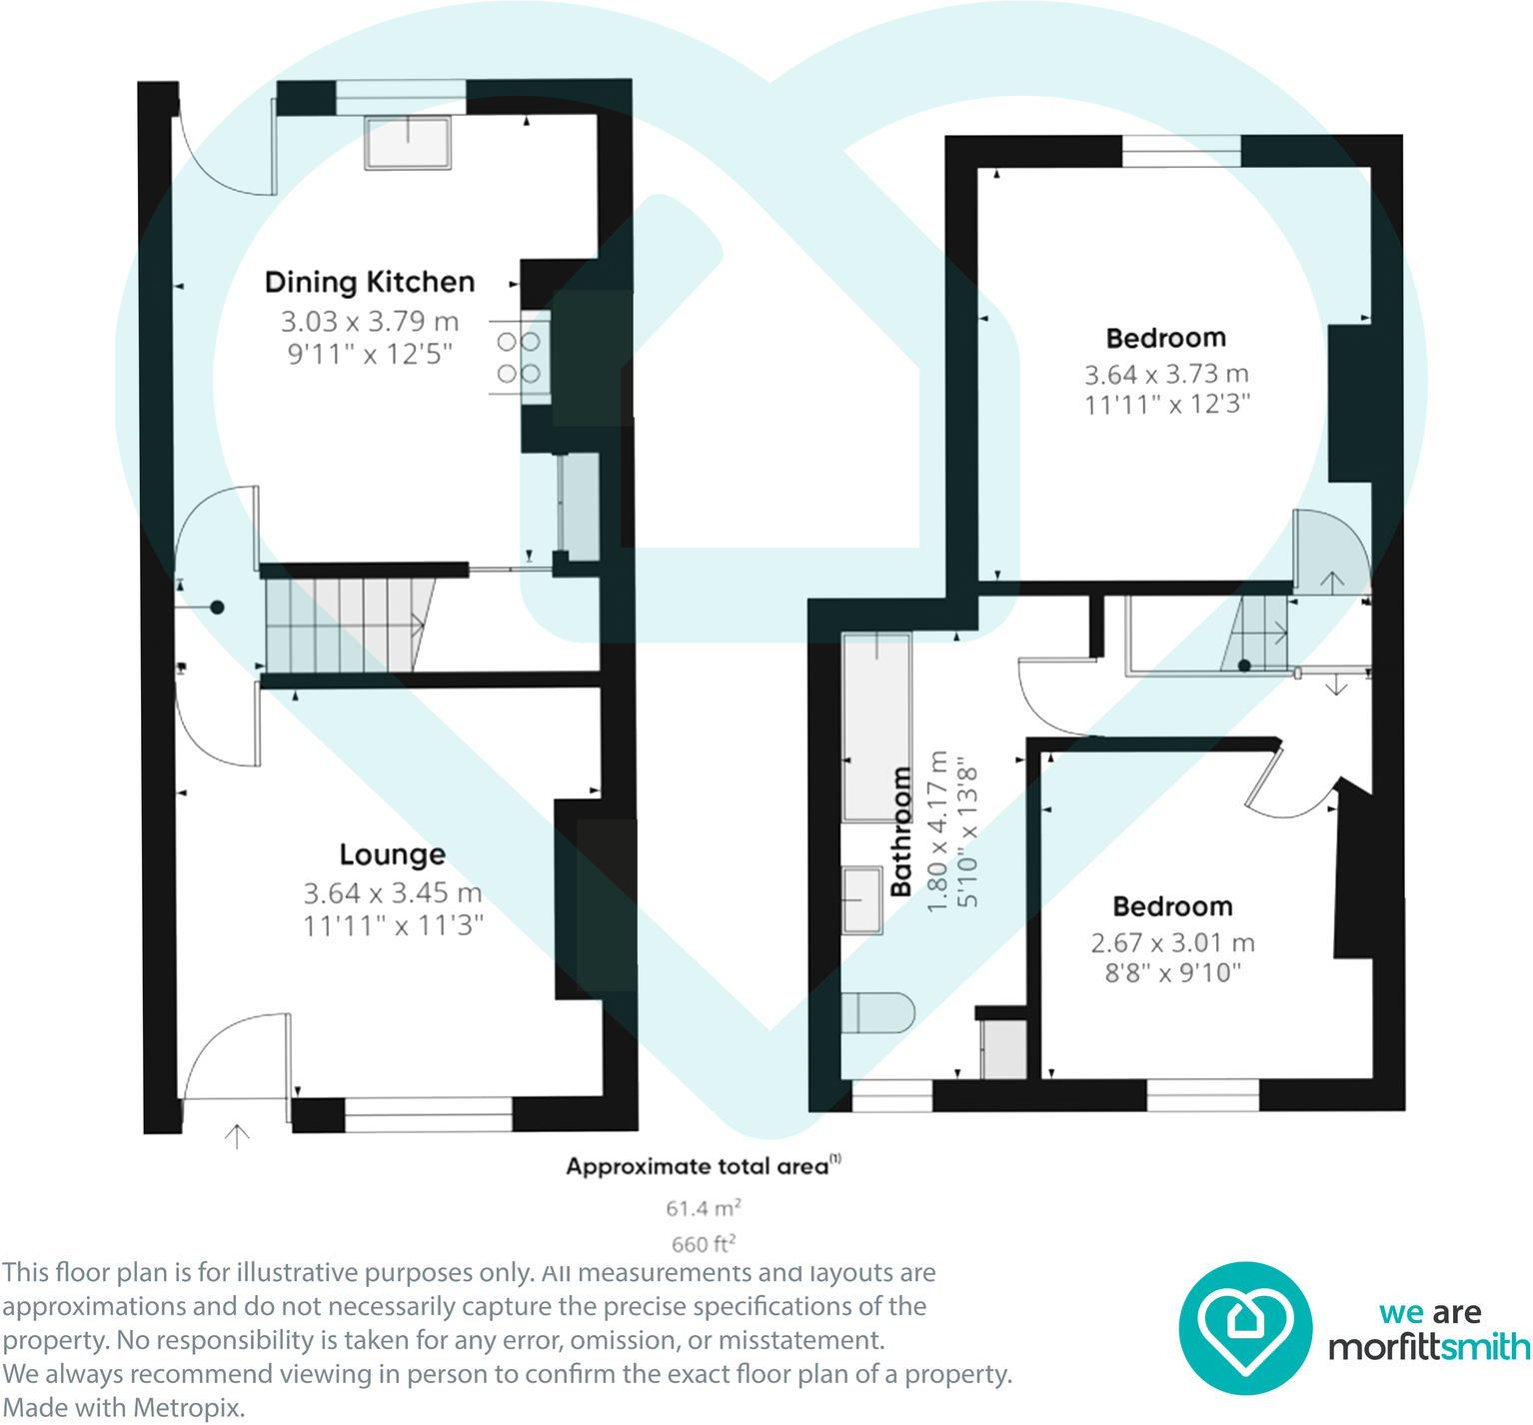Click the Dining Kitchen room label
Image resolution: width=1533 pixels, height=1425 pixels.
point(370,283)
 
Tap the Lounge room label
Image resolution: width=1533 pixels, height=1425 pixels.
point(393,854)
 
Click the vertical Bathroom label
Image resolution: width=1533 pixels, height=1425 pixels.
point(901,831)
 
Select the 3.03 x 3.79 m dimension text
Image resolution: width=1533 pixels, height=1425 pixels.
point(370,322)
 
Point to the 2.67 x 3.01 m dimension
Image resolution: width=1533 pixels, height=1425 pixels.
point(1172,942)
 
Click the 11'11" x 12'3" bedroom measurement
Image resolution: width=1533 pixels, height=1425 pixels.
point(1167,405)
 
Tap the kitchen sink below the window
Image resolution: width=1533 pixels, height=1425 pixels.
point(408,142)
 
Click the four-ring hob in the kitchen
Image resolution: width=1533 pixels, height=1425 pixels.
point(520,358)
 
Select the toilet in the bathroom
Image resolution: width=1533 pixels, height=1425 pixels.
point(877,1012)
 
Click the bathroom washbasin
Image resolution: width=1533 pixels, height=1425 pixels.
point(861,899)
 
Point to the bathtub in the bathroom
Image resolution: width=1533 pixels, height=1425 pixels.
point(876,726)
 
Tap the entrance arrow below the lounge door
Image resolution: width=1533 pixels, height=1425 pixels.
point(237,1136)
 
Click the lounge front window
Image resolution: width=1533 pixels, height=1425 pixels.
point(428,1115)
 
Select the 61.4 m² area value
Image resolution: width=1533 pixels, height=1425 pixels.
point(704,1208)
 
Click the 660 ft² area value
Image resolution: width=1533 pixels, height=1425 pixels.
point(704,1244)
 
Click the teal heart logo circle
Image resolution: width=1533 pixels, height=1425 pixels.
point(1244,1328)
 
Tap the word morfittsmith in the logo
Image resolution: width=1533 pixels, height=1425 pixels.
point(1429,1347)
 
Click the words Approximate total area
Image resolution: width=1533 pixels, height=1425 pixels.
point(698,1166)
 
